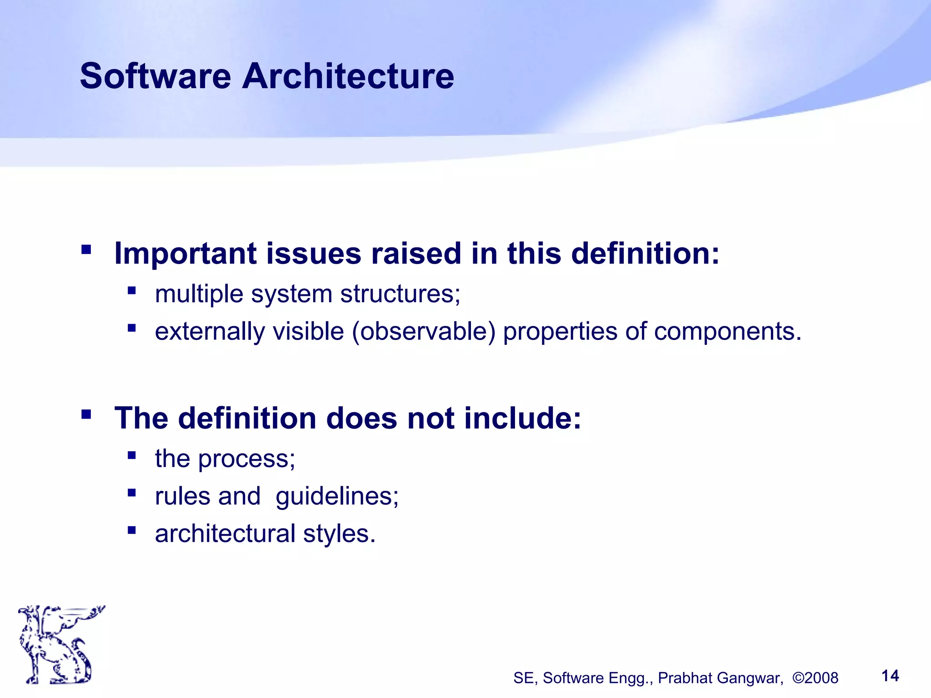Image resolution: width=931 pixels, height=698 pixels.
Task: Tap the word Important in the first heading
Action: tap(185, 253)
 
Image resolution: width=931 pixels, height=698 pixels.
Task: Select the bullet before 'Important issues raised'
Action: tap(86, 249)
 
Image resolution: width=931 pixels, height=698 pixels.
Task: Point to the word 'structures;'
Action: tap(400, 294)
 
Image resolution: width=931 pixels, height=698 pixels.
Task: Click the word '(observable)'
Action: tap(423, 331)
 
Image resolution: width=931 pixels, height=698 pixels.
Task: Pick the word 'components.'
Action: tap(727, 331)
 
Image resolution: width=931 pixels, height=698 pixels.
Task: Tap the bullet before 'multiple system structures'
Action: tap(132, 290)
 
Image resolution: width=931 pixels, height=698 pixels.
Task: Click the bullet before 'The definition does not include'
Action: tap(86, 414)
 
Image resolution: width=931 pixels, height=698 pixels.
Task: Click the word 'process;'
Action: tap(247, 459)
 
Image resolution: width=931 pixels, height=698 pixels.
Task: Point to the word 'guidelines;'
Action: tap(337, 496)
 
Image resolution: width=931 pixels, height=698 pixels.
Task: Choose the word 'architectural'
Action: tap(225, 533)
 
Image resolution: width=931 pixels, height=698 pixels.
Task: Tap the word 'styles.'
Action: tap(339, 533)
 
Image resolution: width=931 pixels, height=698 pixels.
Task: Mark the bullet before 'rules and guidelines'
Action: tap(132, 493)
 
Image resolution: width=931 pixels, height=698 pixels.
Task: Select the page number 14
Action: tap(890, 676)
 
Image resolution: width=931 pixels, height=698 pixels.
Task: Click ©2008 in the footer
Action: tap(815, 678)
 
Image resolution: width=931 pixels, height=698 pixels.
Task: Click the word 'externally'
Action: tap(210, 331)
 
